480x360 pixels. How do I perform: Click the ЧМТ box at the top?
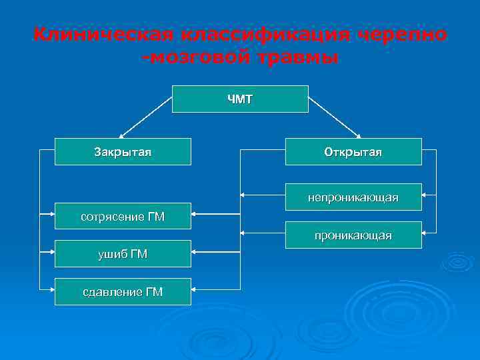click(x=240, y=99)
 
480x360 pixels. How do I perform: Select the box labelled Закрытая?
click(x=123, y=151)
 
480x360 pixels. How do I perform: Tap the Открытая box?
click(x=353, y=151)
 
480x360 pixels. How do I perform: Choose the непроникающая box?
click(x=353, y=197)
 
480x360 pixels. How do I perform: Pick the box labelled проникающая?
click(x=353, y=235)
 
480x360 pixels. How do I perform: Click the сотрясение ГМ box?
click(x=123, y=216)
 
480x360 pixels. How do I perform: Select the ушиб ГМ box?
click(x=123, y=253)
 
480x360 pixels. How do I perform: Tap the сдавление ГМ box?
click(x=123, y=291)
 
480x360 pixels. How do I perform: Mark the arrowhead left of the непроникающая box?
click(x=243, y=196)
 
